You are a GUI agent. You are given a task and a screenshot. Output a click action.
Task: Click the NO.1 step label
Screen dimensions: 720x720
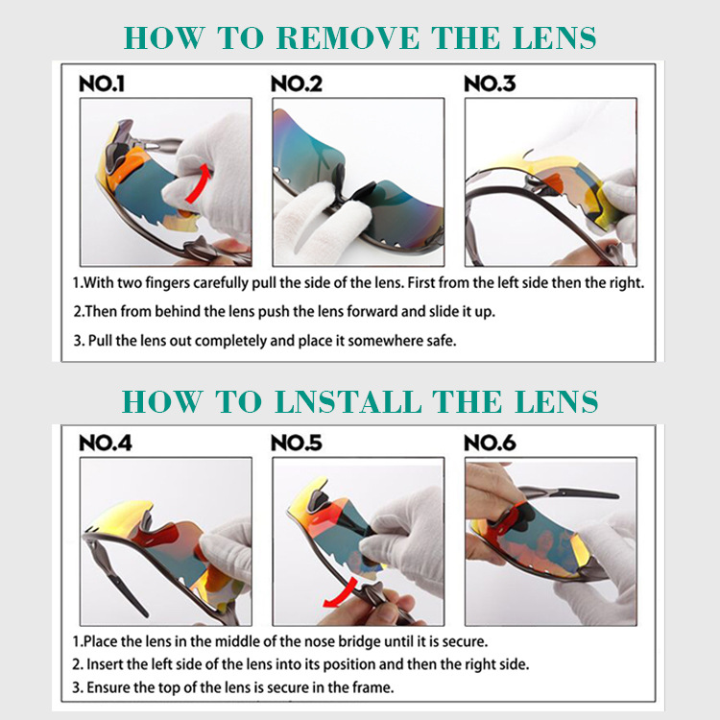click(102, 84)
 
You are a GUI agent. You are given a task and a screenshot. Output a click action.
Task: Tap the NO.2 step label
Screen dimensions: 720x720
click(297, 84)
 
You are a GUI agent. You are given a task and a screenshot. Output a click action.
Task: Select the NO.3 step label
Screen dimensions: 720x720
click(490, 84)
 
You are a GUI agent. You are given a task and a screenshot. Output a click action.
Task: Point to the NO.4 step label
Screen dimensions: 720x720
click(106, 444)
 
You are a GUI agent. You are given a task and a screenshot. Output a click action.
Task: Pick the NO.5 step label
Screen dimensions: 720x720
click(297, 444)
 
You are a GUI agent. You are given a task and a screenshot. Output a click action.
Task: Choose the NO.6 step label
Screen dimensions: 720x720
click(490, 444)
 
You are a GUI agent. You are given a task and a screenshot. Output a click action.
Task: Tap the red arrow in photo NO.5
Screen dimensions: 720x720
click(341, 594)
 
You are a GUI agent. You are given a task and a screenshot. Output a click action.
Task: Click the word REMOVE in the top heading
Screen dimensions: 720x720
click(348, 37)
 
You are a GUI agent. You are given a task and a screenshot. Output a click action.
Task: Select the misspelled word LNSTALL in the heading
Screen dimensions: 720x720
click(348, 402)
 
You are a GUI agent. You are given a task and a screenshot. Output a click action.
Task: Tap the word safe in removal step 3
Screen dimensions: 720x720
click(443, 341)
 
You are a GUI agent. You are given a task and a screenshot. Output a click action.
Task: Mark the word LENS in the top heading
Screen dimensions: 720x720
click(554, 37)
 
